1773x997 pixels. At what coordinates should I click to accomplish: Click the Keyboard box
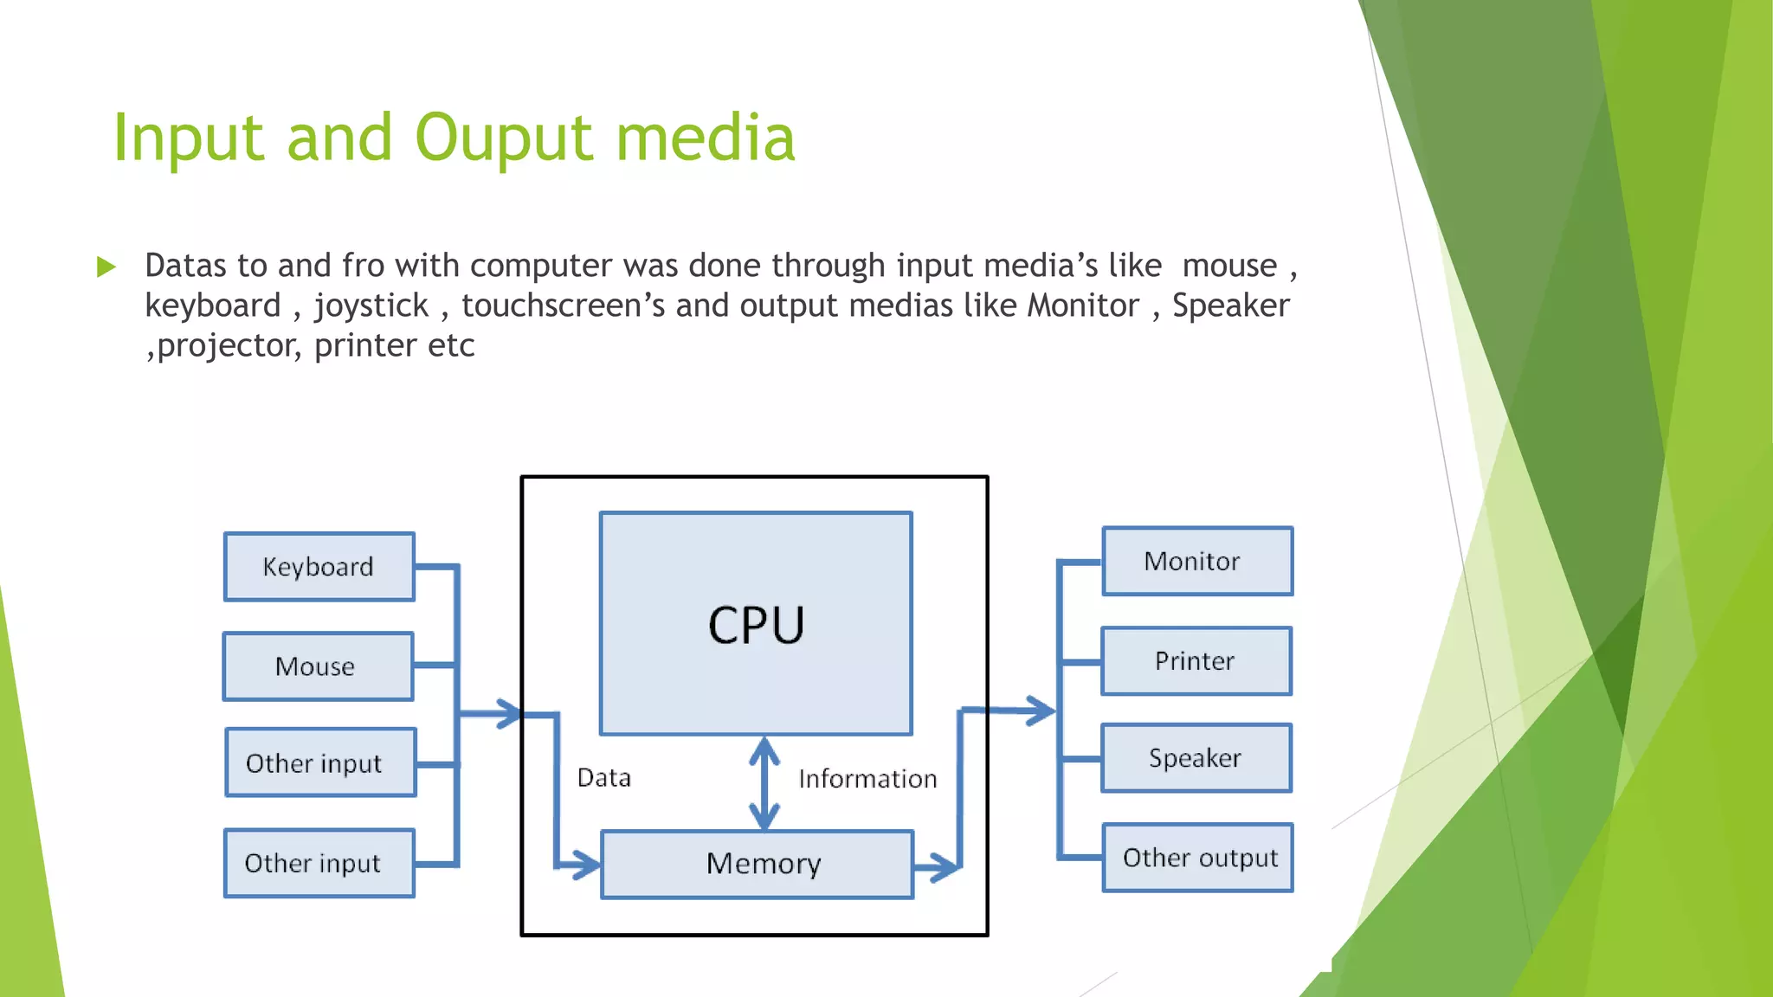pos(319,567)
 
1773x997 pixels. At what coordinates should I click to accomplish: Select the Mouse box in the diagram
pos(318,666)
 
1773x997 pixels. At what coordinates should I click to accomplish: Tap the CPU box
pos(756,624)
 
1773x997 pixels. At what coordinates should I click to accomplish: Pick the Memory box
pos(757,864)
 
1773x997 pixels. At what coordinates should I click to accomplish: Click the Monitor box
pos(1197,561)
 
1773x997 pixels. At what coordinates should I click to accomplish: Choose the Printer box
pos(1196,661)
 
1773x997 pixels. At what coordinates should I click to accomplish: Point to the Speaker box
pos(1196,758)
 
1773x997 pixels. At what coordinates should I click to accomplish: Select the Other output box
pos(1198,858)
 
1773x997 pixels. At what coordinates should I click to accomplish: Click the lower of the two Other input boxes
pos(319,863)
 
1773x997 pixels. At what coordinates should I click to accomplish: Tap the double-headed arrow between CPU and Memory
pos(764,783)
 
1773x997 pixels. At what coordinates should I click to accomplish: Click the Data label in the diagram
pos(603,777)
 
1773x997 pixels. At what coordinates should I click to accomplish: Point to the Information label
pos(867,779)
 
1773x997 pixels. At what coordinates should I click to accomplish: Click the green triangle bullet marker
pos(106,267)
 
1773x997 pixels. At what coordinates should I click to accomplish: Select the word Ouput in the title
pos(503,138)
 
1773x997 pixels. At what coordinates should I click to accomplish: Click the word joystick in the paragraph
pos(371,306)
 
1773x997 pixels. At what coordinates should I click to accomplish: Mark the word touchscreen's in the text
pos(563,306)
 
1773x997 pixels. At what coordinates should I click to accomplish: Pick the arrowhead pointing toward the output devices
pos(1040,711)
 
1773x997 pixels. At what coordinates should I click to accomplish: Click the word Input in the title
pos(188,138)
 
